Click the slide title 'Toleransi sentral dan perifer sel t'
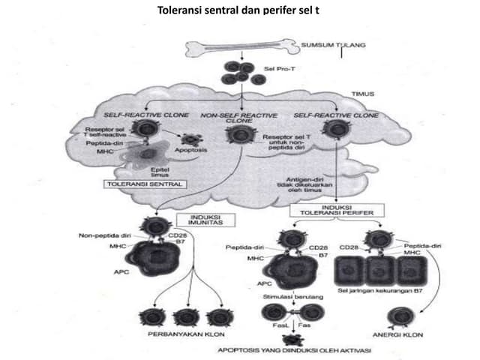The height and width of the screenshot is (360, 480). tap(232, 11)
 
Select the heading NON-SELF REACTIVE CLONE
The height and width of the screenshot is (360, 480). tap(239, 118)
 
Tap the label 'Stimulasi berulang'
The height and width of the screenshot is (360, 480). tap(286, 298)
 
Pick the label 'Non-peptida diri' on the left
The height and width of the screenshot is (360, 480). tap(102, 235)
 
